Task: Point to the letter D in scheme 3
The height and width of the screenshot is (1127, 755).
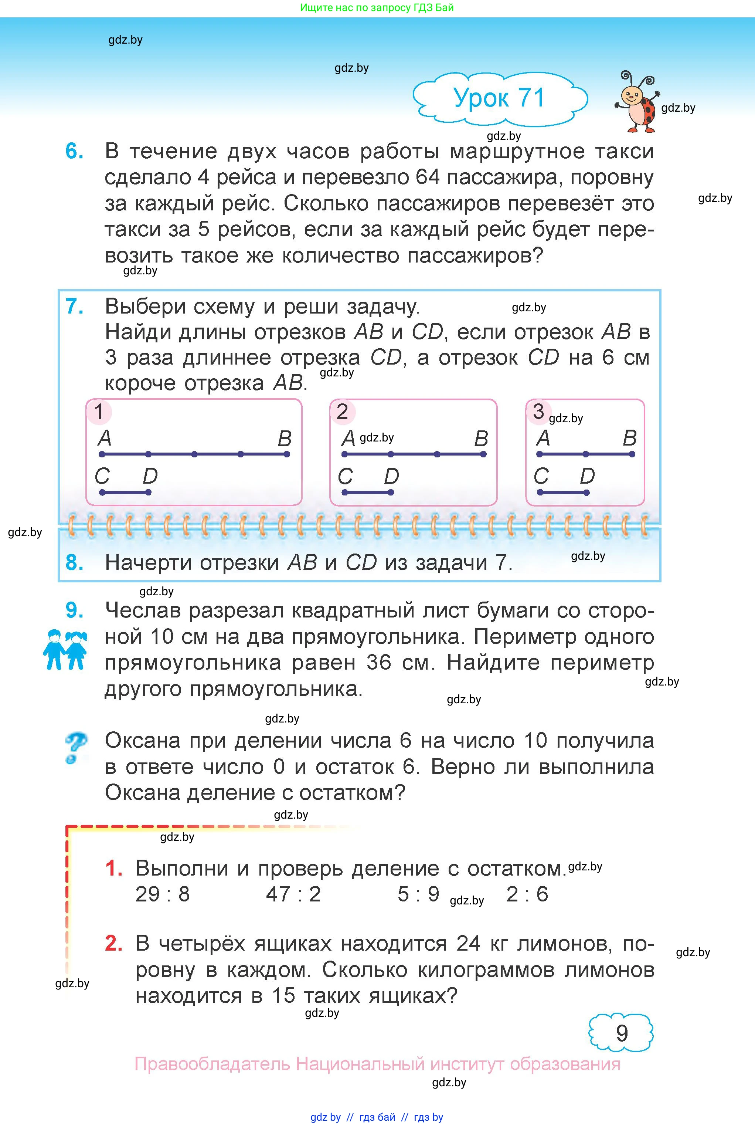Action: pos(587,476)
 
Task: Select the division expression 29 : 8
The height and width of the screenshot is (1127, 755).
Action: pos(163,894)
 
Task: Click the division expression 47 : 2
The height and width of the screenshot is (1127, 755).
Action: pos(293,894)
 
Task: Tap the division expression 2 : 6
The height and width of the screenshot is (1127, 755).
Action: pos(527,894)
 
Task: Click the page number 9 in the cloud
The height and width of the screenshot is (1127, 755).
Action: pos(622,1033)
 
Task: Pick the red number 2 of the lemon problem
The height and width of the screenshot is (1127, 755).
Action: pos(113,944)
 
